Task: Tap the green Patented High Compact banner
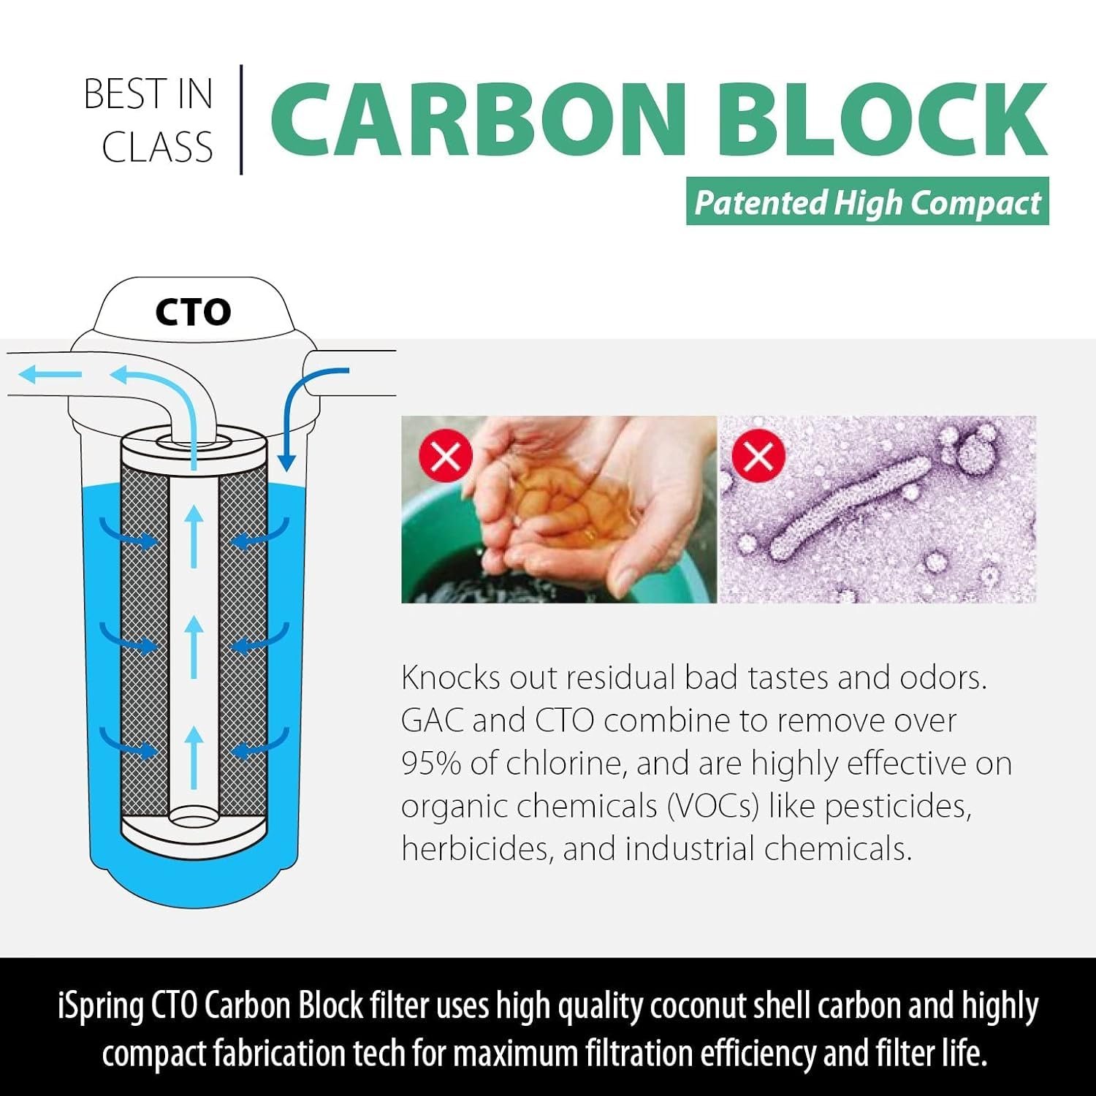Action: [867, 202]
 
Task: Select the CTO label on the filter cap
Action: [193, 312]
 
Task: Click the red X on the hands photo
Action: [446, 457]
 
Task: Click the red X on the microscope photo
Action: [758, 457]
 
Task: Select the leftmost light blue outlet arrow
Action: [50, 375]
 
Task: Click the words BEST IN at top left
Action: [148, 94]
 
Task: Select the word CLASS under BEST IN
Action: [157, 147]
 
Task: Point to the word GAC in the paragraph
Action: [432, 720]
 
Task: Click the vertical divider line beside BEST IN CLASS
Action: [241, 120]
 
